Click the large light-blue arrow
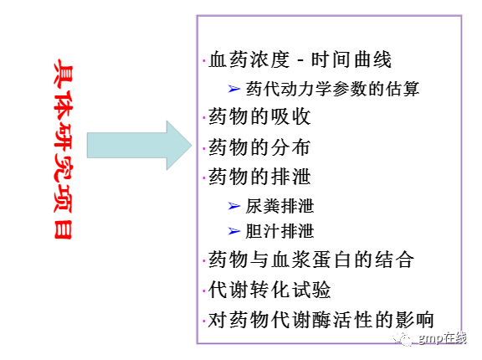click(139, 146)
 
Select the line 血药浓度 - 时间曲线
click(300, 59)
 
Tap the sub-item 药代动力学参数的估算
click(332, 89)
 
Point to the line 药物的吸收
click(259, 117)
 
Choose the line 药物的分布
click(259, 147)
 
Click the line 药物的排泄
click(259, 177)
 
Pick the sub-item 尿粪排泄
click(279, 206)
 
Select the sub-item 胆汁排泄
click(279, 231)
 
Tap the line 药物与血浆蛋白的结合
click(311, 260)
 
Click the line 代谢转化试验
click(269, 290)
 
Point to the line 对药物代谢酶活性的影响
click(321, 320)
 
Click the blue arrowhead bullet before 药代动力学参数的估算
click(234, 89)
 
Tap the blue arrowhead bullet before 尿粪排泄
click(234, 206)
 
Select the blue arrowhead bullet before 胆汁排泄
click(234, 231)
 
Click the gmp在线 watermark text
click(443, 338)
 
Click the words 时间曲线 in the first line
click(351, 59)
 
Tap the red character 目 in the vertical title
click(64, 229)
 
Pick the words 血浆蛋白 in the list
click(311, 260)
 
